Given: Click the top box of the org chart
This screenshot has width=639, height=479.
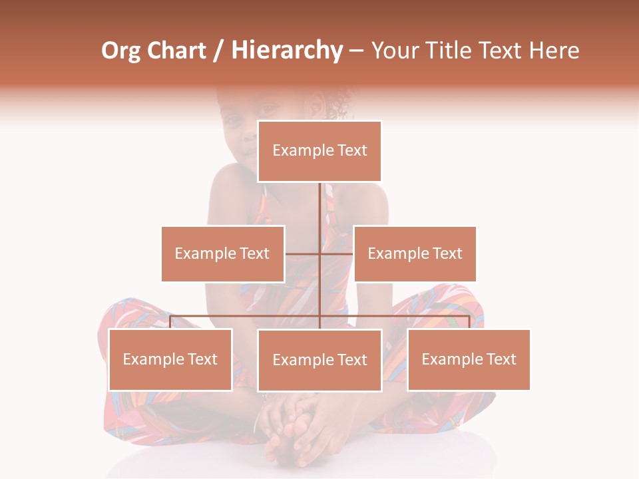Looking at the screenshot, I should click(x=319, y=151).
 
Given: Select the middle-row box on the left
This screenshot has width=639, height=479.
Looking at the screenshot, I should click(x=222, y=253).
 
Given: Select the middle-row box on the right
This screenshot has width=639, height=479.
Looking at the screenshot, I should click(x=415, y=253).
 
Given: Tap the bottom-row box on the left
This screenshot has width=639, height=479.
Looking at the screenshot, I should click(x=170, y=359).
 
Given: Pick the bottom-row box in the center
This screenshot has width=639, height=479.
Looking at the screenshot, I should click(x=319, y=360).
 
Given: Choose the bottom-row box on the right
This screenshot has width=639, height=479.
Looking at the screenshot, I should click(x=469, y=359).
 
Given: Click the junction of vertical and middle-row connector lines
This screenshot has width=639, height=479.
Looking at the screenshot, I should click(x=320, y=253).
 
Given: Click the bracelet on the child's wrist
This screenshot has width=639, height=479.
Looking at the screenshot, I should click(x=259, y=418).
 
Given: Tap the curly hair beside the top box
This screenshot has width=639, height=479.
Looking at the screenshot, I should click(x=338, y=104).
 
